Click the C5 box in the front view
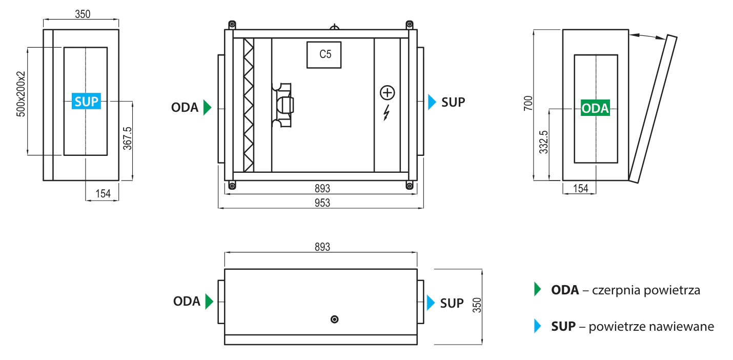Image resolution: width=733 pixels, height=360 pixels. point(324,54)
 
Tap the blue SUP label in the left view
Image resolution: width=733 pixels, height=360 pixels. point(86,102)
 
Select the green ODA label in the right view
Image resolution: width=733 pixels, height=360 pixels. point(596,109)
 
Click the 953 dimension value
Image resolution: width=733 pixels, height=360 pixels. point(322,203)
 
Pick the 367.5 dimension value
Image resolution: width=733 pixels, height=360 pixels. point(128,139)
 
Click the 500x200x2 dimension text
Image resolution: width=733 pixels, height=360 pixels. point(21,94)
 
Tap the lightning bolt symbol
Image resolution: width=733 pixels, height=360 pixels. point(386,112)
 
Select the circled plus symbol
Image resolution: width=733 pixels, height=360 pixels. point(388,93)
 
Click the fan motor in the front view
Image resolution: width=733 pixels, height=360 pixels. point(283,105)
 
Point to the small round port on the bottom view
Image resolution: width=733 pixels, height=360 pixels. point(335,319)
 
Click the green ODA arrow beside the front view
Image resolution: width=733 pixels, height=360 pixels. point(207,107)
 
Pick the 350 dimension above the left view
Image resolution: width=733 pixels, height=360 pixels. point(82,14)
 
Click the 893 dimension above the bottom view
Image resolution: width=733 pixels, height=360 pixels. point(321,247)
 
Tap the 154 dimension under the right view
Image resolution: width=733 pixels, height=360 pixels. point(580,189)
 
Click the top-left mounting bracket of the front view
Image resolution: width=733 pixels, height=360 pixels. point(232,24)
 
